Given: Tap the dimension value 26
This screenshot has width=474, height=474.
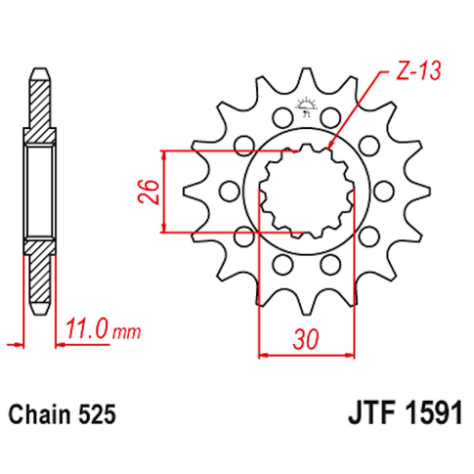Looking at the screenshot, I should click(x=147, y=193).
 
